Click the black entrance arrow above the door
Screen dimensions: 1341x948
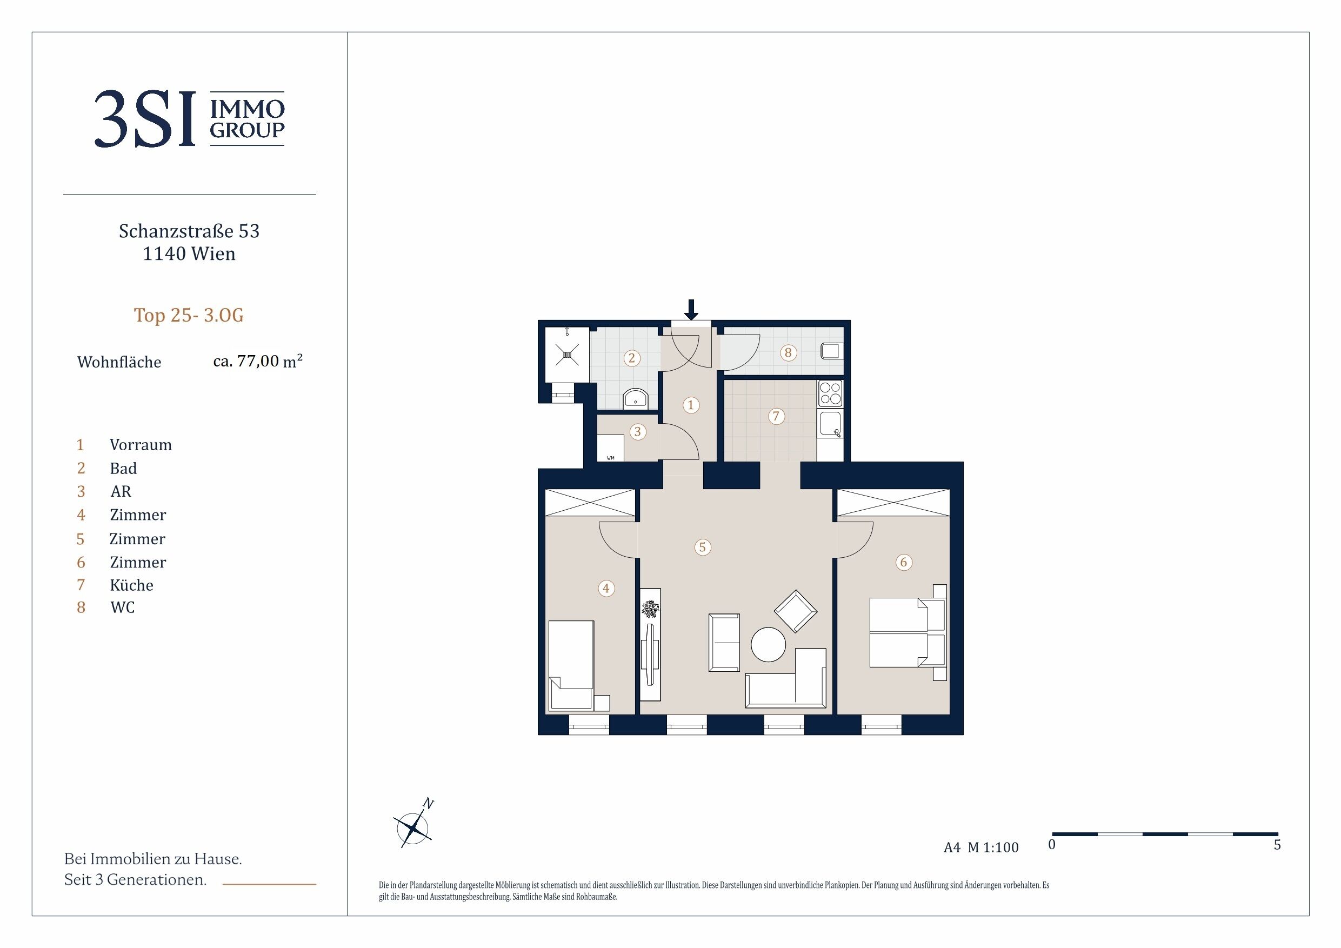(x=691, y=310)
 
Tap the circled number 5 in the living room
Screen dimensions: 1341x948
(x=702, y=548)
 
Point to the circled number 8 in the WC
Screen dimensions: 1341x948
(x=788, y=353)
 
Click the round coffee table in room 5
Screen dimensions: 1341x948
(x=768, y=645)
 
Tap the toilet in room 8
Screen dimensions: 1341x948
(x=832, y=351)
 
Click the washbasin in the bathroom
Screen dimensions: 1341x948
(x=635, y=398)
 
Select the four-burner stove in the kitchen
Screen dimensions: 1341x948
(x=830, y=393)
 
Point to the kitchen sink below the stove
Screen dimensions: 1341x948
(x=830, y=425)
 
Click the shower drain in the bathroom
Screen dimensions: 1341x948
(x=567, y=354)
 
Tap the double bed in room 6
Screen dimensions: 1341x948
(x=908, y=632)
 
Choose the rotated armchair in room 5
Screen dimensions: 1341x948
(x=795, y=611)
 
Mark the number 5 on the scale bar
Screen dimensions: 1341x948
(x=1277, y=845)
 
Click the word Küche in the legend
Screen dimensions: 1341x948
(x=131, y=585)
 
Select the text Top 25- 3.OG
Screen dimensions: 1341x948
(x=189, y=316)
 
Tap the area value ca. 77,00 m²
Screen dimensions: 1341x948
(x=258, y=361)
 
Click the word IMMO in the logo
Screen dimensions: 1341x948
(x=247, y=109)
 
